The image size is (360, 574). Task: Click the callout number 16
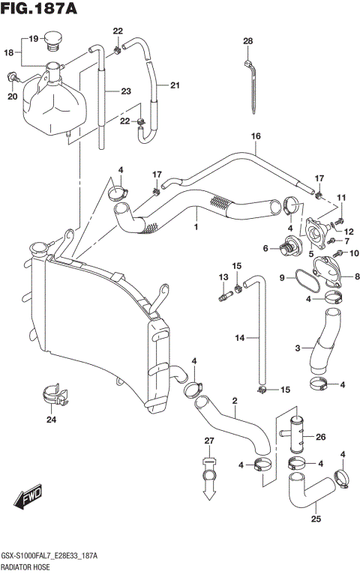[x=256, y=136]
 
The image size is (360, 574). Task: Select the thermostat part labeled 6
[x=288, y=247]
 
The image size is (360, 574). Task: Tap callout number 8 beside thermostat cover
[x=355, y=276]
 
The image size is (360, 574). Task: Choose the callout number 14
[x=239, y=338]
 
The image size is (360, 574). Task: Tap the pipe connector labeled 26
[x=295, y=435]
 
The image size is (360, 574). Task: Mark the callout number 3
[x=298, y=348]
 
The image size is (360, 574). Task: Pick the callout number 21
[x=175, y=85]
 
